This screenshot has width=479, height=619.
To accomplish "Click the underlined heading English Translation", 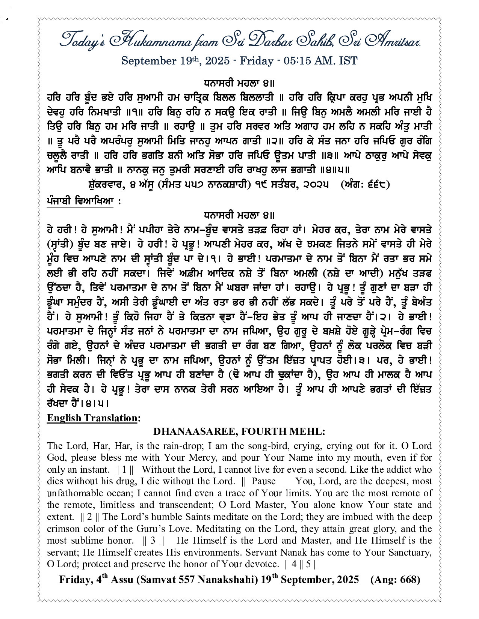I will (x=92, y=418).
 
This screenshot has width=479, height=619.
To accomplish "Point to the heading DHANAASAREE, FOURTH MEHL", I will (x=239, y=432).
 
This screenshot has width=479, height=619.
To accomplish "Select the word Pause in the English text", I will (x=263, y=481).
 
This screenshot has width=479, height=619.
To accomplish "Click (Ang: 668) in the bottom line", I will (x=395, y=580).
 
